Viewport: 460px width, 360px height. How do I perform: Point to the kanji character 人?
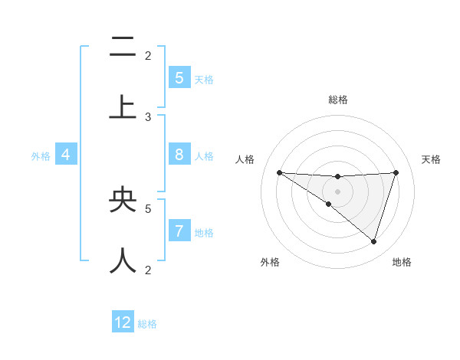(x=123, y=260)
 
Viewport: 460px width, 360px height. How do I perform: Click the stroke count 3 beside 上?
(x=148, y=116)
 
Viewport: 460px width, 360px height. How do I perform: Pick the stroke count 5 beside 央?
(x=148, y=208)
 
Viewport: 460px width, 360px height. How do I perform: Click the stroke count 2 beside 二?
(x=148, y=55)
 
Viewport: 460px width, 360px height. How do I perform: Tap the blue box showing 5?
(x=179, y=78)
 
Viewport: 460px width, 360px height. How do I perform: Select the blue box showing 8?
(x=179, y=155)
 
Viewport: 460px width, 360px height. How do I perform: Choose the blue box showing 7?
(x=179, y=231)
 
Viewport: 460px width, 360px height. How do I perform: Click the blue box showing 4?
(x=66, y=155)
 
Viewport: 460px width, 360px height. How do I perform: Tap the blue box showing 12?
(x=123, y=322)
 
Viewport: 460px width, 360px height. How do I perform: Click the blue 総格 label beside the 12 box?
(x=148, y=324)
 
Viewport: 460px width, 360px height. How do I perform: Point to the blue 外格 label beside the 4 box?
(x=41, y=156)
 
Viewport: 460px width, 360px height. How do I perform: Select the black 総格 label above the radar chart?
(x=337, y=100)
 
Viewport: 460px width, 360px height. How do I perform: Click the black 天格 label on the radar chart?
(x=432, y=159)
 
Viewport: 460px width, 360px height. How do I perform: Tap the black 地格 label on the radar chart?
(x=402, y=262)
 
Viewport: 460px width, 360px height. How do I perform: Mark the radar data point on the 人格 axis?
(x=279, y=172)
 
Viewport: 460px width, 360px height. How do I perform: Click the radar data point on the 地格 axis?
(x=373, y=241)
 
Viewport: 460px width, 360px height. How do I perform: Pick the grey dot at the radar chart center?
(x=337, y=191)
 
